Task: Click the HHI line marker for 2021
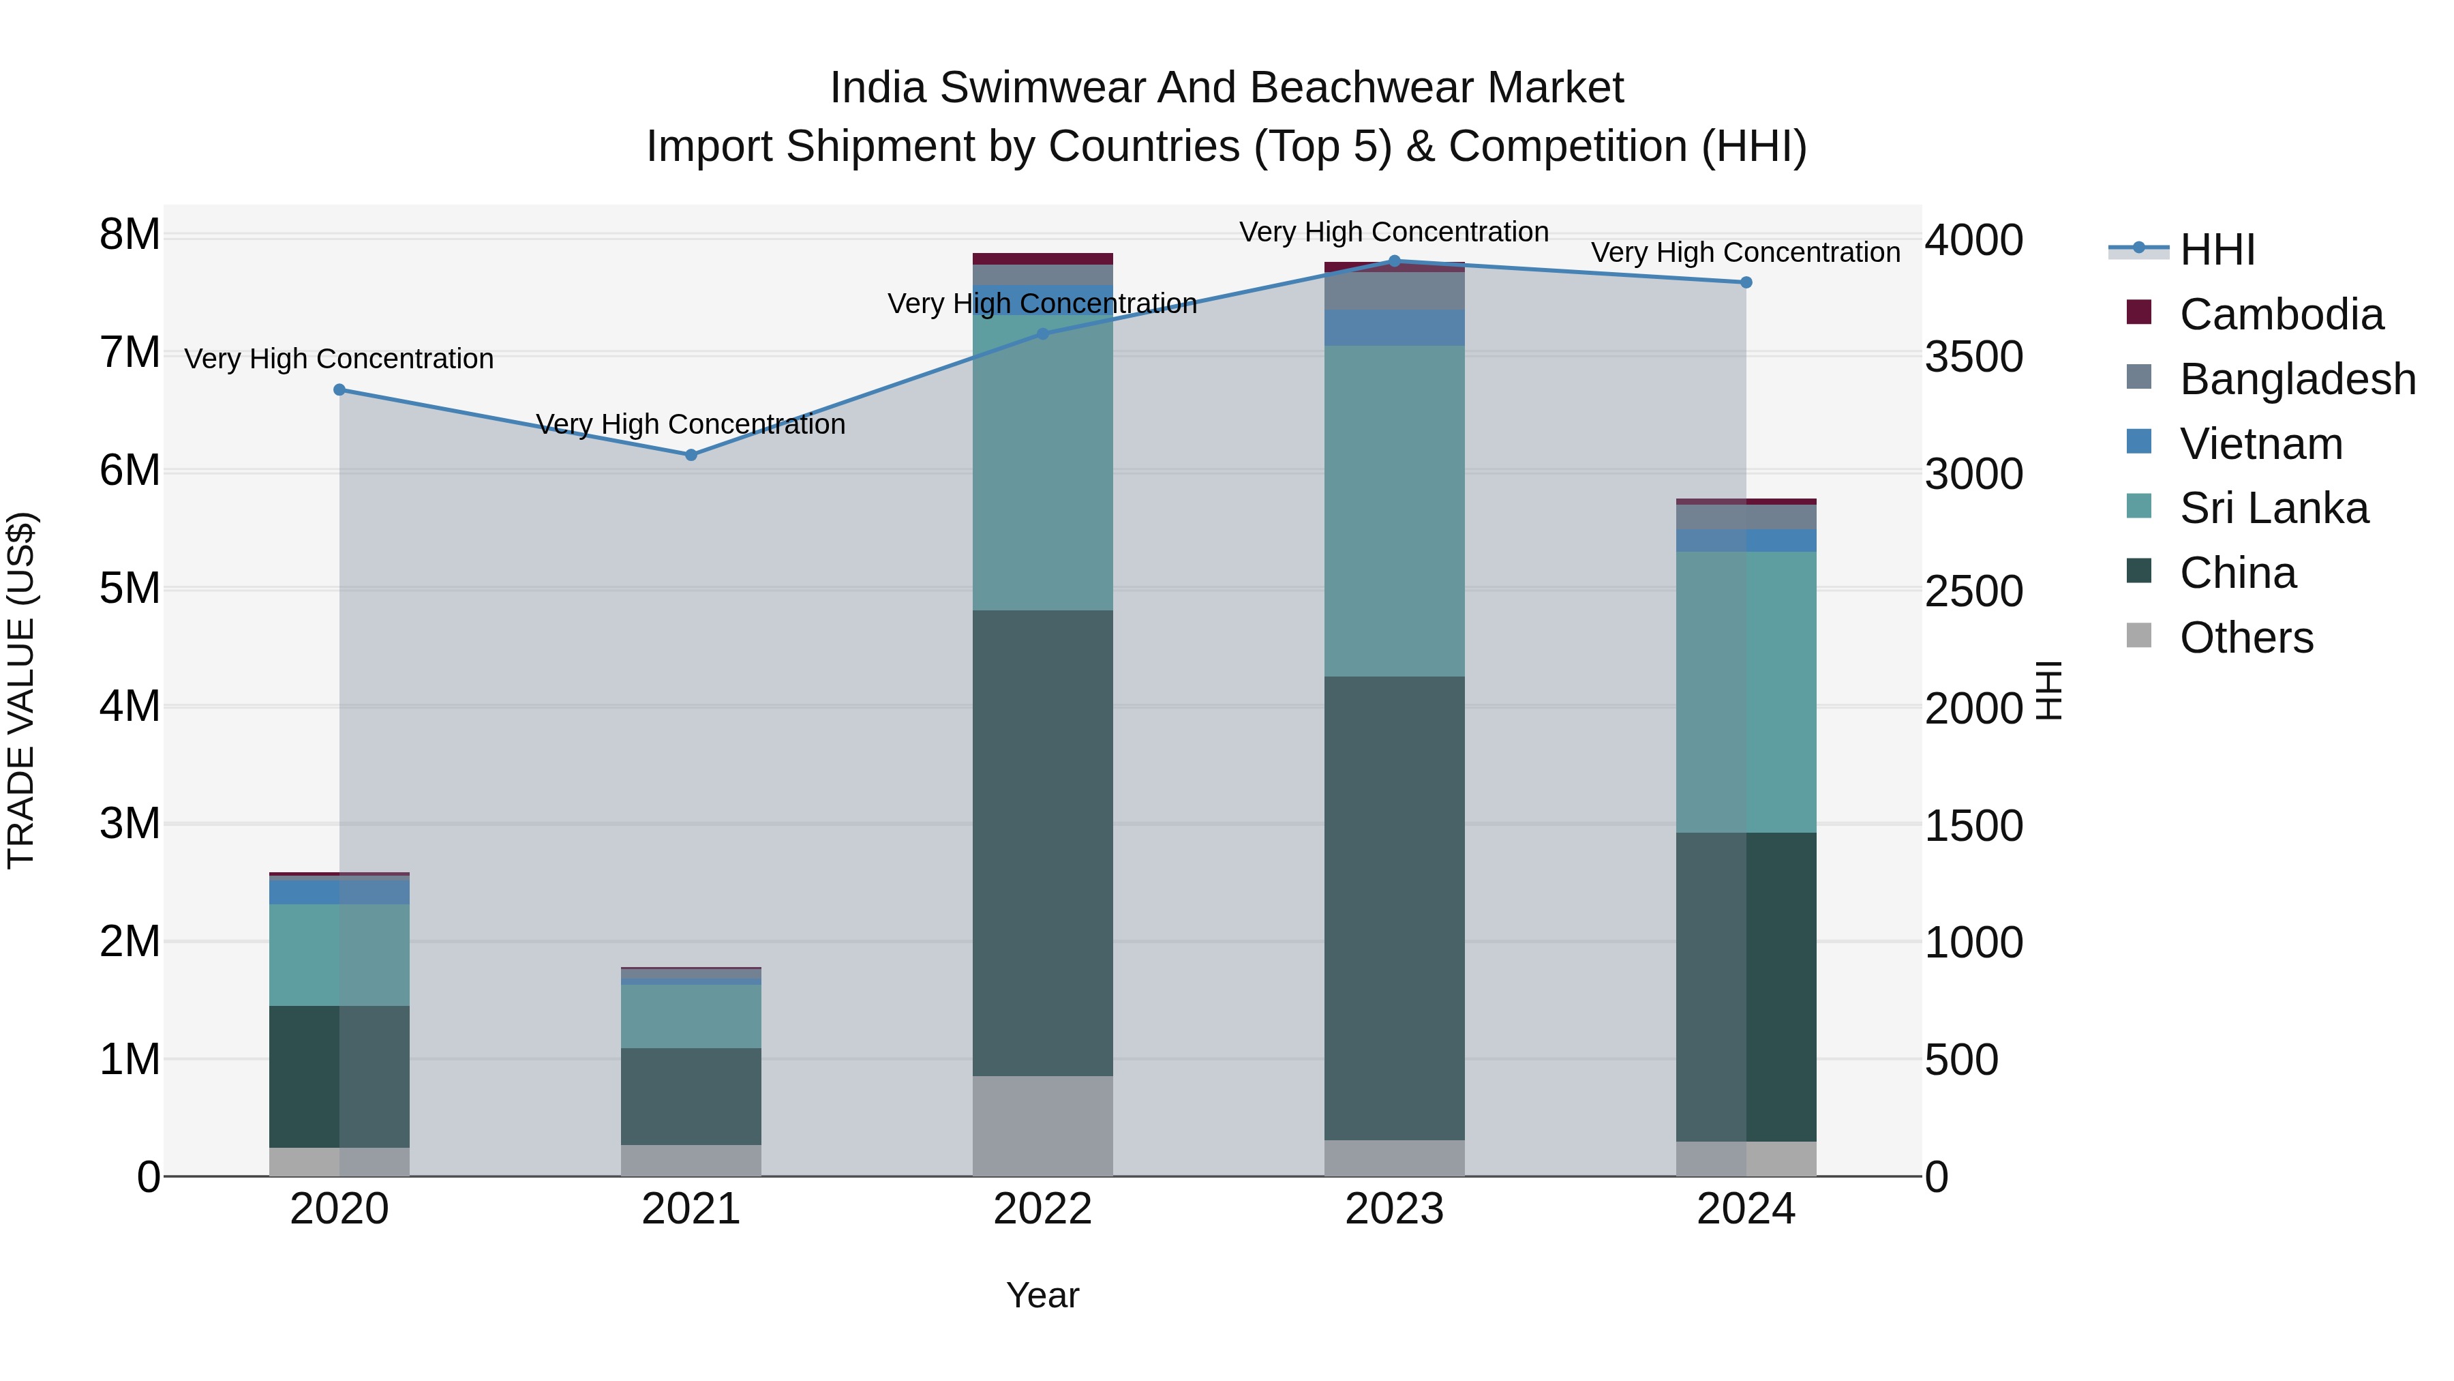point(691,455)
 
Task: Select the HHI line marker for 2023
point(1395,261)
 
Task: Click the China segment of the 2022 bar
point(1042,844)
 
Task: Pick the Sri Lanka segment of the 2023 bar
point(1395,511)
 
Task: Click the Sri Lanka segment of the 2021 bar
point(691,1016)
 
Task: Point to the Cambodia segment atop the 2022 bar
point(1042,258)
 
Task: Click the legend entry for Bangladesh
point(2297,379)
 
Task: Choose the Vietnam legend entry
point(2260,444)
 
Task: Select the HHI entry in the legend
point(2217,250)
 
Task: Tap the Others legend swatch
point(2138,636)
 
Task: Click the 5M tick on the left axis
point(130,588)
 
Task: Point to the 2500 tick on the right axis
point(1973,592)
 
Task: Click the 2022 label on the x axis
point(1042,1209)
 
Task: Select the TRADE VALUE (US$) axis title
point(21,690)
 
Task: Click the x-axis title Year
point(1042,1295)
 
